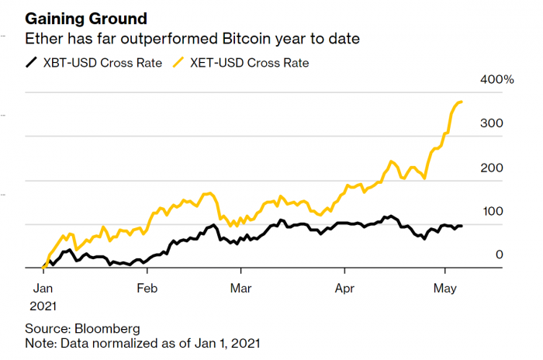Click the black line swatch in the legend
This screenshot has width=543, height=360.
tap(32, 62)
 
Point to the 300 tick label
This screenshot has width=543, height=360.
tap(493, 123)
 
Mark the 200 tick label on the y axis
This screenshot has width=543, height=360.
tap(493, 168)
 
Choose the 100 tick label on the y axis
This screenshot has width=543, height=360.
tap(493, 211)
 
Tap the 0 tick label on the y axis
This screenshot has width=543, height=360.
tap(500, 254)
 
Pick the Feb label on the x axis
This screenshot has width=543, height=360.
tap(147, 286)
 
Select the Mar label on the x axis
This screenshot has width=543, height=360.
tap(241, 286)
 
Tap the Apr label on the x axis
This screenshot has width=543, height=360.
tap(344, 286)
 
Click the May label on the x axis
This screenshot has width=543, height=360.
tap(444, 286)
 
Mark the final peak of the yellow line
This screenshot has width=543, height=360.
tap(462, 102)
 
